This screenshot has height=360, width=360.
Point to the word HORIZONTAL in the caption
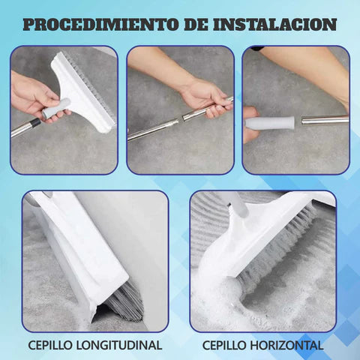point(286,346)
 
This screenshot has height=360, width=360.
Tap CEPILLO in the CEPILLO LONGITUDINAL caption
point(49,346)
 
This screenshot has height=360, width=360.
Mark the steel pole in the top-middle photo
point(154,127)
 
